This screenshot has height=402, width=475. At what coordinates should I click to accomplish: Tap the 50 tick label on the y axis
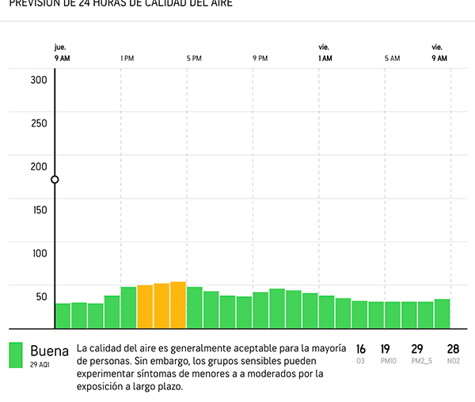pos(40,297)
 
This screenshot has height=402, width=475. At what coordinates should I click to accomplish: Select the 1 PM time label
pos(127,59)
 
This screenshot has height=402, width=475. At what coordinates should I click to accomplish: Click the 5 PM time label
pos(194,59)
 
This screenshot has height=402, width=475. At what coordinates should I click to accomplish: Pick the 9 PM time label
pos(260,59)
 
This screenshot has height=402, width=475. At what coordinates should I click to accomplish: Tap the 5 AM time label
pos(393,59)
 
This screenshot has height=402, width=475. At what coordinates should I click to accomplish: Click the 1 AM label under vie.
pos(325,59)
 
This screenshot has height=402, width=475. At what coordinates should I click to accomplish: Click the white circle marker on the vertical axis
pos(55,180)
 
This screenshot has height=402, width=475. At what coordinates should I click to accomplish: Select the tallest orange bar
pos(178,305)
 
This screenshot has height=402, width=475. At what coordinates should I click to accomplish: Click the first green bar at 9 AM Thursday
pos(63,315)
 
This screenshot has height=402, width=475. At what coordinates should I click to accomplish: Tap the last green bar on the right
pos(443,313)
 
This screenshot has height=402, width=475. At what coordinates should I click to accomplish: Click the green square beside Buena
pos(15,355)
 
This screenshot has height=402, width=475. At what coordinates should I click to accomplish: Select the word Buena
pos(50,350)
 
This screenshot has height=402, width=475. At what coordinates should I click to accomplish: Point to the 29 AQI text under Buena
pos(40,365)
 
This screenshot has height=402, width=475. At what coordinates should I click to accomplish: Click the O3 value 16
pos(361,349)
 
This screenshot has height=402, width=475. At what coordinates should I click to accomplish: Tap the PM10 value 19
pos(386,349)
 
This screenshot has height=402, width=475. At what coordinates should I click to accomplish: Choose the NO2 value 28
pos(453,349)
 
